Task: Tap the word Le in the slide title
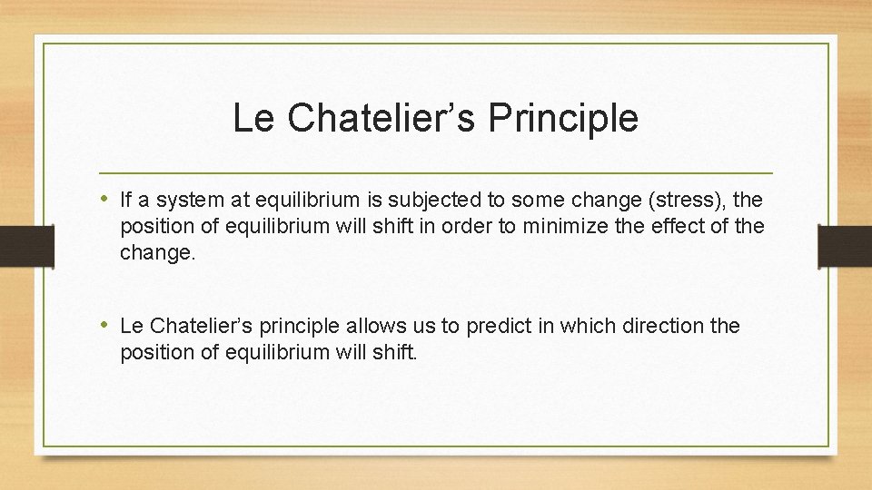tap(252, 119)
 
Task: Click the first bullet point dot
tap(107, 200)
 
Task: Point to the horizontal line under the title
tap(436, 172)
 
